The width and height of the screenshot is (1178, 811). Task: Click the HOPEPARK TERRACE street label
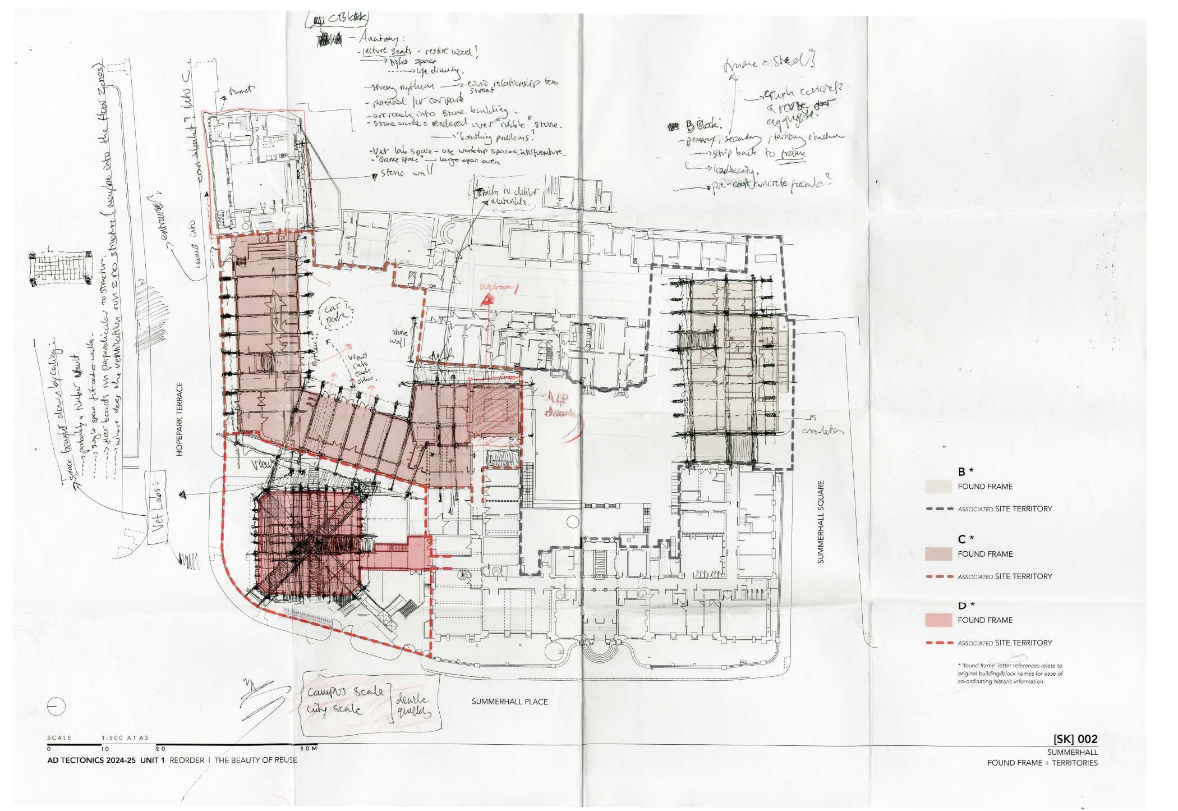(x=180, y=419)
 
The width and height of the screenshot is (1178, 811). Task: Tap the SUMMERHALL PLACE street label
(x=509, y=702)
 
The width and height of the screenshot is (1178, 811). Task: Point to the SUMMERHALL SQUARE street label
(x=821, y=522)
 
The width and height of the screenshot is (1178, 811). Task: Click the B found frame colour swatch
(x=938, y=486)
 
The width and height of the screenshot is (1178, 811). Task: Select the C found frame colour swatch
(x=938, y=554)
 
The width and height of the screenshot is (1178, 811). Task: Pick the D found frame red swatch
(x=938, y=620)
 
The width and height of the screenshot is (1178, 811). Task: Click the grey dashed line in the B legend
(x=939, y=509)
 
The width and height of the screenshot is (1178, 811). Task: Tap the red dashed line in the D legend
(x=939, y=643)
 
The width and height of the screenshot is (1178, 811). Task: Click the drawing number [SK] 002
(x=1075, y=739)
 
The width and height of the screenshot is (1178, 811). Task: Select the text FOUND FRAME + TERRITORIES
(x=1042, y=763)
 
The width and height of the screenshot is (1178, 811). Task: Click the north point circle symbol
(x=57, y=706)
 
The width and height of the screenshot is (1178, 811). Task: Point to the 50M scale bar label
(x=309, y=748)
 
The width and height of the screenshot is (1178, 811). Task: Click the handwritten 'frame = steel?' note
(x=769, y=63)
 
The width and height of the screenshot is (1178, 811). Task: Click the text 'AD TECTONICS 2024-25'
(x=92, y=760)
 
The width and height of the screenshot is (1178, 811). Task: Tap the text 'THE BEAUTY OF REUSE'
(x=255, y=760)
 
